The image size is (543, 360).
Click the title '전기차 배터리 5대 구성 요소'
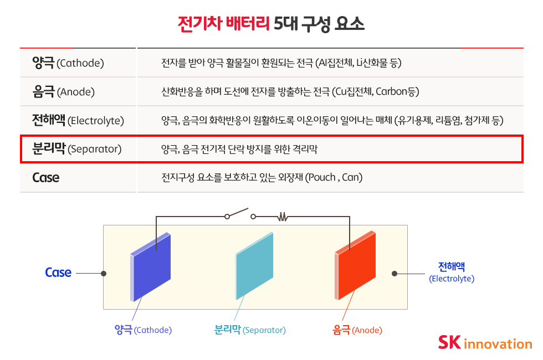coord(271,24)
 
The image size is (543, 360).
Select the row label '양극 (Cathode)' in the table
coord(68,63)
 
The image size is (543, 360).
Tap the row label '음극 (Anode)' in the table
coord(63,92)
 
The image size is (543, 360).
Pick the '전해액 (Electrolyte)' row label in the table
coord(78,120)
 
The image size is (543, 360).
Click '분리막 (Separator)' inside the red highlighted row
coord(77,148)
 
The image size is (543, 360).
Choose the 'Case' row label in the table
coord(45,178)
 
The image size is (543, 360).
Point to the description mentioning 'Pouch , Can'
coord(262,177)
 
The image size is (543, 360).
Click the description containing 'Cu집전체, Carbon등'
coord(290,92)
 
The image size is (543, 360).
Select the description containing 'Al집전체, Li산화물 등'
coord(281,63)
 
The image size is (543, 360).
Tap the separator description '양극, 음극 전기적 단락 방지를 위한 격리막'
coord(239,149)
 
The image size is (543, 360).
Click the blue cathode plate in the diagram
coord(151,267)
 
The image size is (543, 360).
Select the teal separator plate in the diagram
coord(254,266)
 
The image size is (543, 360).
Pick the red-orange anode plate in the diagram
coord(355,265)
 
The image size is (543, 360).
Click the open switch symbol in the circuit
coord(240,214)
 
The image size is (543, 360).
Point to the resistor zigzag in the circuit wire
coord(283,217)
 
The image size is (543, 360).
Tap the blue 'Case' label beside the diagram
coord(58,272)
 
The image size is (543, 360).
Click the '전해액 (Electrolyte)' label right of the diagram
coord(452,272)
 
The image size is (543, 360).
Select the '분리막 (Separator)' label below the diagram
coord(250,330)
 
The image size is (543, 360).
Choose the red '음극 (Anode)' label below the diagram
coord(357,330)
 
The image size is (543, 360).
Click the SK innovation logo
coord(485,342)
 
